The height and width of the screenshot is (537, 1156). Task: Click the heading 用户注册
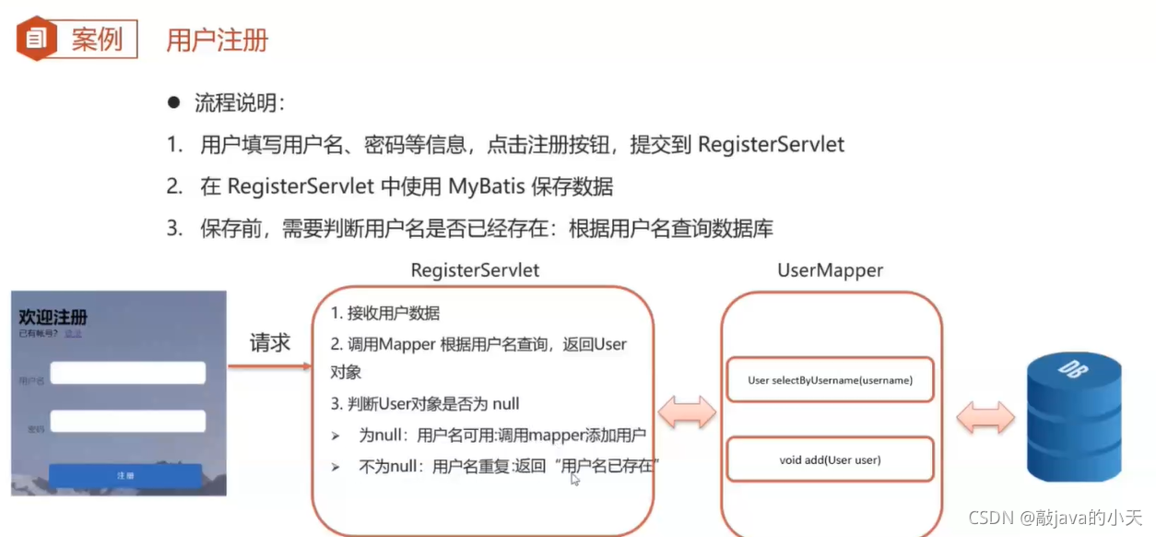pos(217,41)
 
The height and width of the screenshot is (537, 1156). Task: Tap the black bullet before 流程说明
pos(173,102)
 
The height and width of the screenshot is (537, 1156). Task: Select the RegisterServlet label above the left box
pos(475,270)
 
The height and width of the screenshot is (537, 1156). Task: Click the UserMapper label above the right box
pos(830,270)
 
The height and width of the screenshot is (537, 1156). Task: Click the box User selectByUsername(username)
pos(830,380)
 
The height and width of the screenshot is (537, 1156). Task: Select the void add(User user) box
pos(830,459)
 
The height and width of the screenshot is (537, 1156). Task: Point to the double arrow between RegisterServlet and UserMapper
pos(687,412)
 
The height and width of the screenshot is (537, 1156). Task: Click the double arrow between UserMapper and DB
pos(985,418)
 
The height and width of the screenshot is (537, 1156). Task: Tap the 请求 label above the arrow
pos(270,343)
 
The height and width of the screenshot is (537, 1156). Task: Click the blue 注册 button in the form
pos(125,475)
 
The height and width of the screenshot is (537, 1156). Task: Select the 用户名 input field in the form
pos(127,373)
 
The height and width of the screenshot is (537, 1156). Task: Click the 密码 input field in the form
pos(127,422)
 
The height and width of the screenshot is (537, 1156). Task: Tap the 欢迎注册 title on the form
pos(53,316)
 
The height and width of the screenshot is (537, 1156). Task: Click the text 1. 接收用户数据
pos(385,314)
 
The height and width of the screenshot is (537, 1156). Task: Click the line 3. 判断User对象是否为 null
pos(425,404)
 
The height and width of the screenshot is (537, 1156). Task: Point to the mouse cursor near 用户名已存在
pos(574,478)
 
